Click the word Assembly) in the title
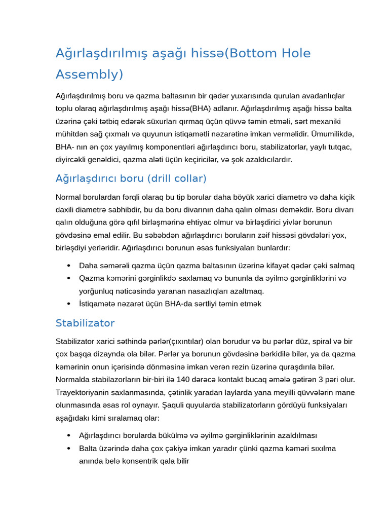tap(89, 75)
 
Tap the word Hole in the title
tap(294, 53)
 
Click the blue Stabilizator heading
tap(85, 323)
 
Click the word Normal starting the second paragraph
tap(68, 197)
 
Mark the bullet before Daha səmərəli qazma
tap(69, 266)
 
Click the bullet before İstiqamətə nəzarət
tap(69, 304)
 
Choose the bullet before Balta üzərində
tap(69, 449)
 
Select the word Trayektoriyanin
tap(83, 392)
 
